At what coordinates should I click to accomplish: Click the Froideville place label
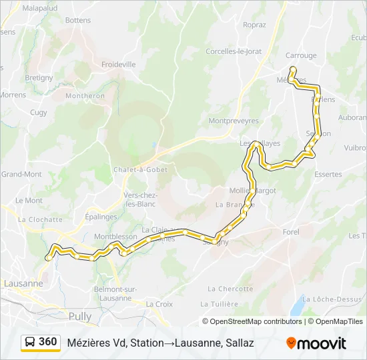(118, 65)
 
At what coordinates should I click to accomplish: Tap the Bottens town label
(78, 21)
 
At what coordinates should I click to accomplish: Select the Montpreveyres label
(233, 121)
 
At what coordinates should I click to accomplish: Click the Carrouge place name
(300, 55)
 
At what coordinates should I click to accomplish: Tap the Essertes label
(328, 175)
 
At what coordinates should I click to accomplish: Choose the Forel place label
(291, 232)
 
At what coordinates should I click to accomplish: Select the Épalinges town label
(101, 217)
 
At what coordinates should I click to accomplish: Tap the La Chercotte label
(230, 289)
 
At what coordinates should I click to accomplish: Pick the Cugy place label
(39, 113)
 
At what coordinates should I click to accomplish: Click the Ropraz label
(254, 25)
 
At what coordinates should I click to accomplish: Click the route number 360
(47, 342)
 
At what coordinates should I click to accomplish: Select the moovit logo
(316, 343)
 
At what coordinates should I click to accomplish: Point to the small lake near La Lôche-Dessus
(297, 307)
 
